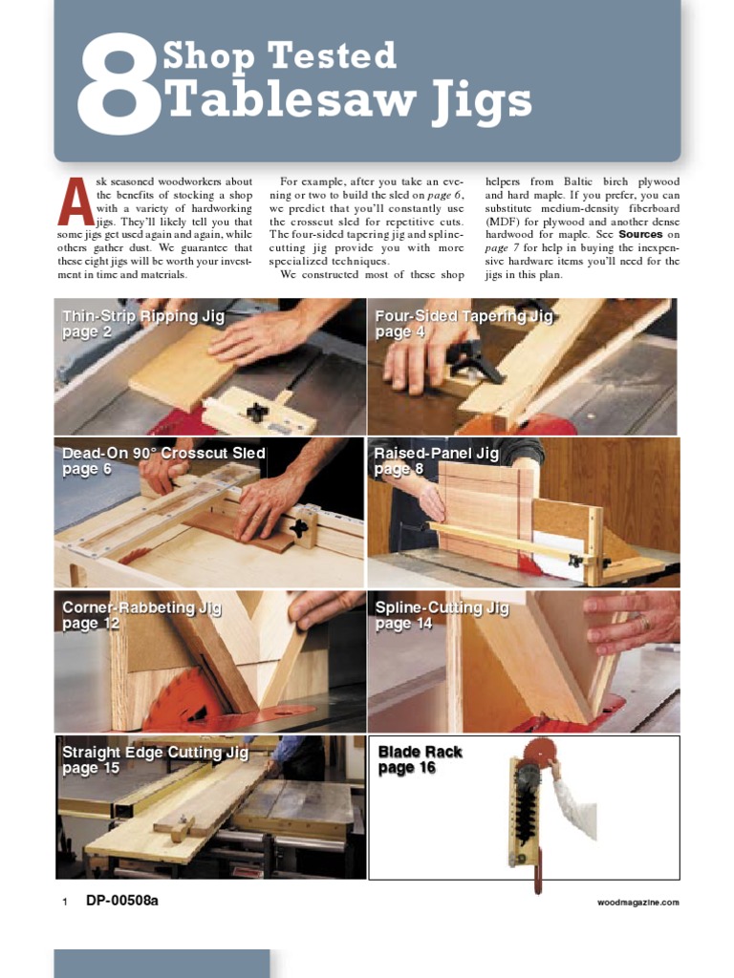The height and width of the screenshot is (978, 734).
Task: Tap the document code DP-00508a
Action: [122, 900]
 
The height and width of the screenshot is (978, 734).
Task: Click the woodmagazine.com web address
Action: [637, 902]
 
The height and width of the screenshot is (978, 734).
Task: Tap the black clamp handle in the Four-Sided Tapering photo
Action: [475, 364]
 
